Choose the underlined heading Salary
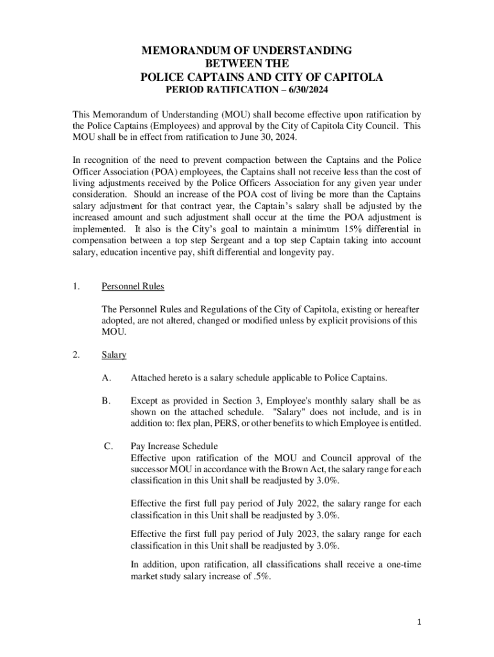pyautogui.click(x=114, y=355)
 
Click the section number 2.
pyautogui.click(x=76, y=355)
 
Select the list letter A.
pyautogui.click(x=106, y=377)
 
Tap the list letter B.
pyautogui.click(x=106, y=400)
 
